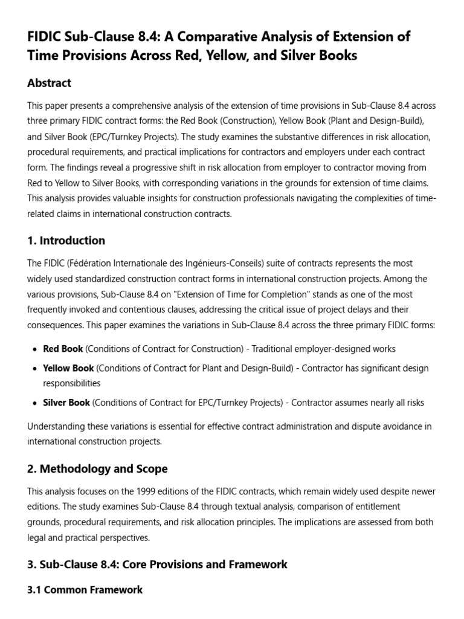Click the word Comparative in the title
209,36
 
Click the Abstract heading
50,83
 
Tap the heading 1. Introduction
66,241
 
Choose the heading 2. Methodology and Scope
98,468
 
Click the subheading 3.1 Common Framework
85,589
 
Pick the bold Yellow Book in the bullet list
68,368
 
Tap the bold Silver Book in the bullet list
66,403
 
